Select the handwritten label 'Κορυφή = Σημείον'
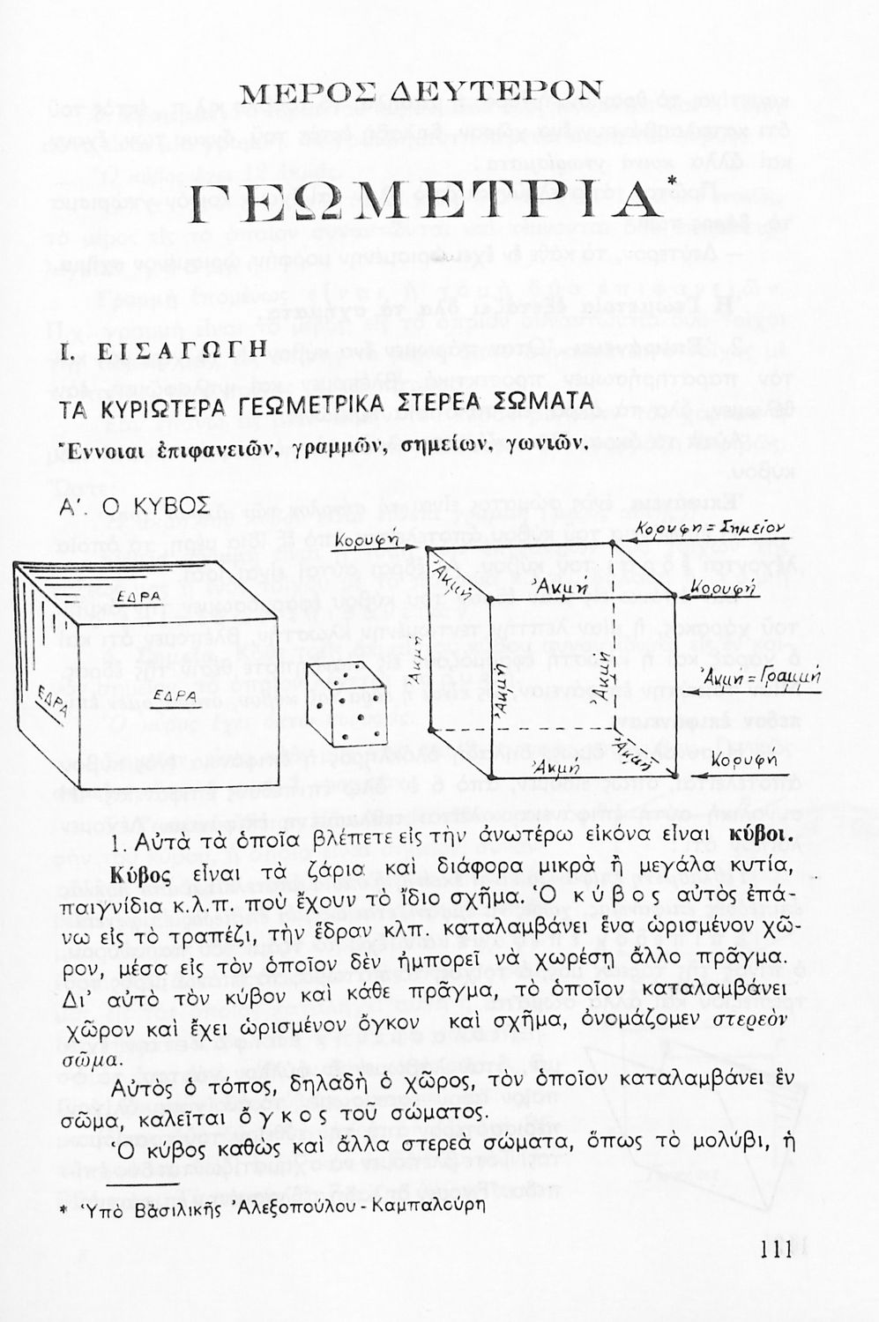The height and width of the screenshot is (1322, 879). [x=709, y=527]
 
